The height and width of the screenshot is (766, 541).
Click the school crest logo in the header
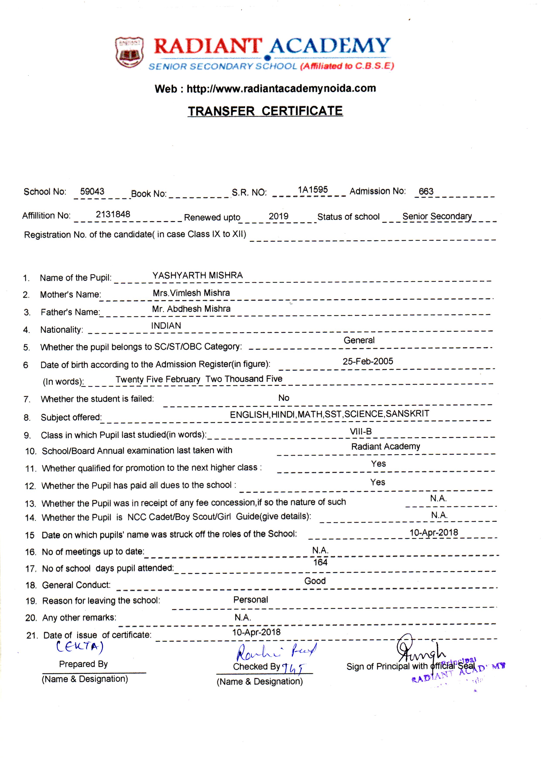129,52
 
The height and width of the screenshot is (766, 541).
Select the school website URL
281,88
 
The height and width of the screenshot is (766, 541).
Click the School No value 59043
92,191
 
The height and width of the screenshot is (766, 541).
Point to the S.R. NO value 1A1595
313,190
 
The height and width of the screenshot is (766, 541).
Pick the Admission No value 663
426,191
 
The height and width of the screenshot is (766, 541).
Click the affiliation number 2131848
113,214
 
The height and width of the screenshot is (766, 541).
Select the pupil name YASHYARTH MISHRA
197,275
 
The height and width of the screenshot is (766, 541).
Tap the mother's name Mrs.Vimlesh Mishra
191,293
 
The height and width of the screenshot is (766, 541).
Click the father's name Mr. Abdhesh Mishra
191,309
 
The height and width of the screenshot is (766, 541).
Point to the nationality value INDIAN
166,326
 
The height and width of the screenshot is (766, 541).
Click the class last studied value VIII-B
361,431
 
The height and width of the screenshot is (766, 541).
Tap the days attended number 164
320,563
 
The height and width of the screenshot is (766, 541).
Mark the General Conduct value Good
315,581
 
